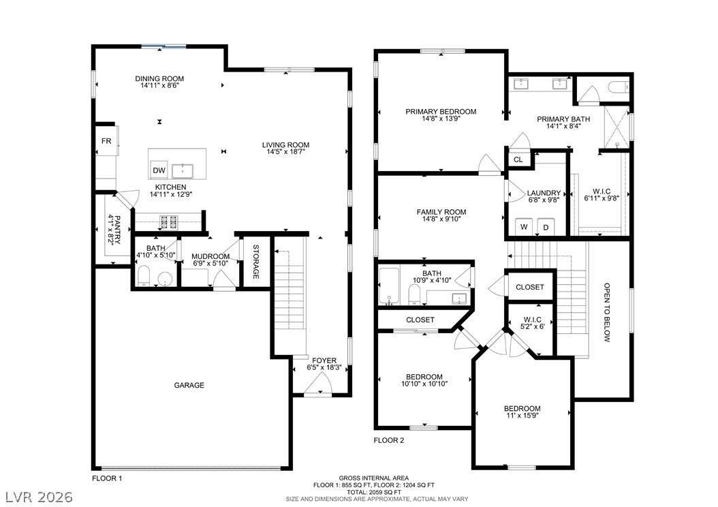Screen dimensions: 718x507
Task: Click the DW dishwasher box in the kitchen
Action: (159, 170)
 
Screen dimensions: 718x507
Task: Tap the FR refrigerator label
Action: (106, 141)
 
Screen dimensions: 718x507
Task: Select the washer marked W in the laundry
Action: (524, 227)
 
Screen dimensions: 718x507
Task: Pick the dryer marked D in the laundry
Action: (546, 227)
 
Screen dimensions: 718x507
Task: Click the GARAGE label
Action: (189, 385)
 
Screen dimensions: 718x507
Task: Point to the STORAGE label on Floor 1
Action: (256, 262)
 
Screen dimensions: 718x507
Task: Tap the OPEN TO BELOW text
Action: (607, 312)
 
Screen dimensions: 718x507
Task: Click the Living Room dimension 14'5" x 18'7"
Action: (285, 151)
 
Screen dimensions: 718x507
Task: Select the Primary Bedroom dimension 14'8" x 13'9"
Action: (441, 118)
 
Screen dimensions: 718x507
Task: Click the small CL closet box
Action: (518, 159)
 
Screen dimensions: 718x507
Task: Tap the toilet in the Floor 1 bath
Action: (144, 276)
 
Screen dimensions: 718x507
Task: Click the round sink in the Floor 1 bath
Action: (165, 279)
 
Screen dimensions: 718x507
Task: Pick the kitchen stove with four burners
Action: (168, 222)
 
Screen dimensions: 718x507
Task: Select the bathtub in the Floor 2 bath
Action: (390, 286)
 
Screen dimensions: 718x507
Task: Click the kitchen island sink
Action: (183, 170)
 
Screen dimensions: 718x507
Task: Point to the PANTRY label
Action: (114, 230)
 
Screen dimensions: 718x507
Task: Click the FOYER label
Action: (324, 360)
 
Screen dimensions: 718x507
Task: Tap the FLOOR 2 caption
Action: (389, 441)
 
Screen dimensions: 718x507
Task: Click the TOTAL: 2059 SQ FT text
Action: (374, 492)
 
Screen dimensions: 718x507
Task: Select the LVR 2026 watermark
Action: (39, 497)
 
